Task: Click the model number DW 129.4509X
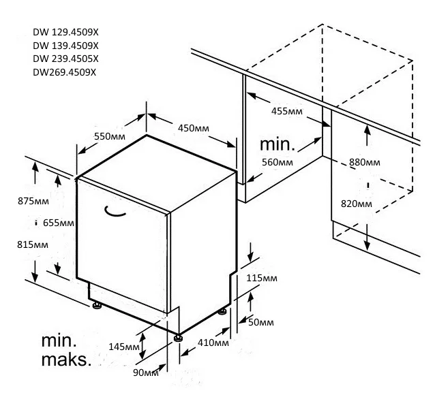pos(65,32)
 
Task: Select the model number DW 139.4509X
pos(65,46)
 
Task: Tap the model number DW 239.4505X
pos(65,59)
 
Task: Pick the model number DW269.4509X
pos(64,72)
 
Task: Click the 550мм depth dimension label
pos(110,136)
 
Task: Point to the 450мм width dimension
pos(194,128)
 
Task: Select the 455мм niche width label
pos(287,111)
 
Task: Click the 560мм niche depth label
pos(277,162)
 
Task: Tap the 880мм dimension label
pos(365,162)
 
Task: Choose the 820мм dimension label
pos(357,204)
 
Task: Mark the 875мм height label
pos(33,201)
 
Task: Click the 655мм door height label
pos(59,223)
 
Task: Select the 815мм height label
pos(33,244)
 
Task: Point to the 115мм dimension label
pos(262,278)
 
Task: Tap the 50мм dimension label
pos(260,322)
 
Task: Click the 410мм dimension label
pos(213,343)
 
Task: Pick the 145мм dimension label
pos(124,347)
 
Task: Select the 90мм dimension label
pos(146,373)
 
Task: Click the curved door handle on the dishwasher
pos(114,213)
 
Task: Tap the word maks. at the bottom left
pos(66,360)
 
